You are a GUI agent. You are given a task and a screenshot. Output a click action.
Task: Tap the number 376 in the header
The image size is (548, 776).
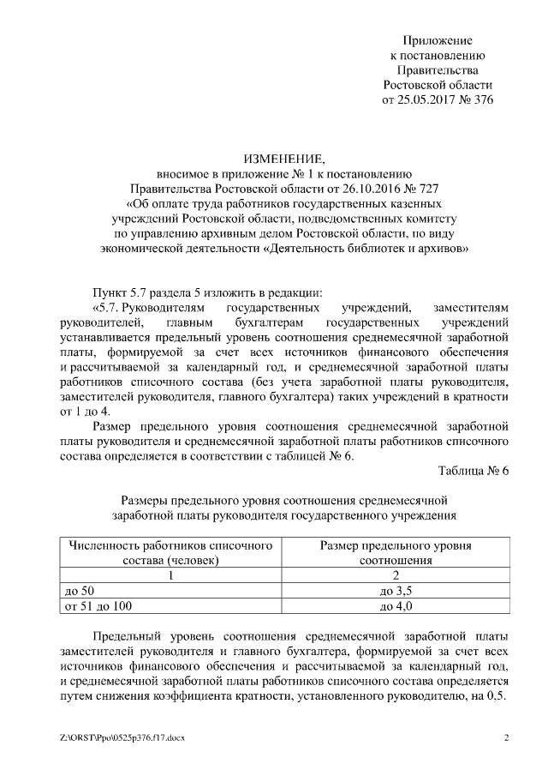(483, 99)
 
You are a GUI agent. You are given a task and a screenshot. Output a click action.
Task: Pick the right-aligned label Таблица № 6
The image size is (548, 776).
(474, 471)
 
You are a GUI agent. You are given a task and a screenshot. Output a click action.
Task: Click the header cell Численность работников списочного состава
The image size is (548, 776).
(170, 552)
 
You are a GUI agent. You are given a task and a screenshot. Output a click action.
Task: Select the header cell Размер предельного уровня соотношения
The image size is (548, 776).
(396, 552)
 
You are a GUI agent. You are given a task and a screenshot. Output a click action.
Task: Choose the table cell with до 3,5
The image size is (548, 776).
(396, 591)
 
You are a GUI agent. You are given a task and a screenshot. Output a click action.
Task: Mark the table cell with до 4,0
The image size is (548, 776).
(396, 606)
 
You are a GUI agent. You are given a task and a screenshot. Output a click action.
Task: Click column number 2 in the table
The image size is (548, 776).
(396, 575)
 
